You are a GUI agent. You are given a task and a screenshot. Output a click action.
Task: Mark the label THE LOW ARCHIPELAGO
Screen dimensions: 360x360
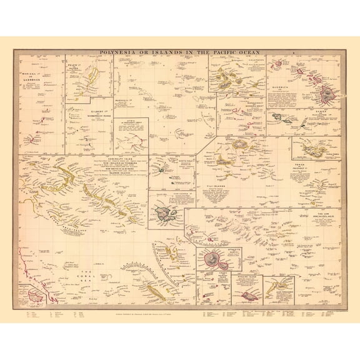[x=322, y=215]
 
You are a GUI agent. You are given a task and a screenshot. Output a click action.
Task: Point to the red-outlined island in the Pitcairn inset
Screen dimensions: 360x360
[x=249, y=295]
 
